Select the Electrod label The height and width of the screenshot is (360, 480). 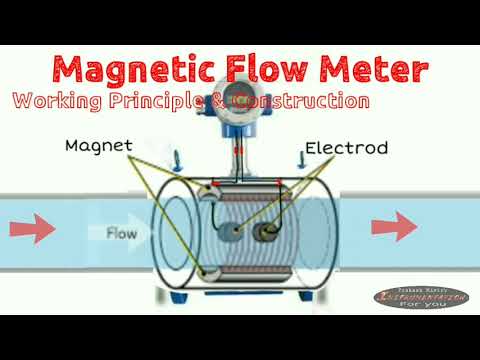[x=346, y=148]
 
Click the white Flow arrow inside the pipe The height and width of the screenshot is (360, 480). [x=126, y=233]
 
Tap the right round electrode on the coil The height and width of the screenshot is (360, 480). [x=267, y=232]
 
